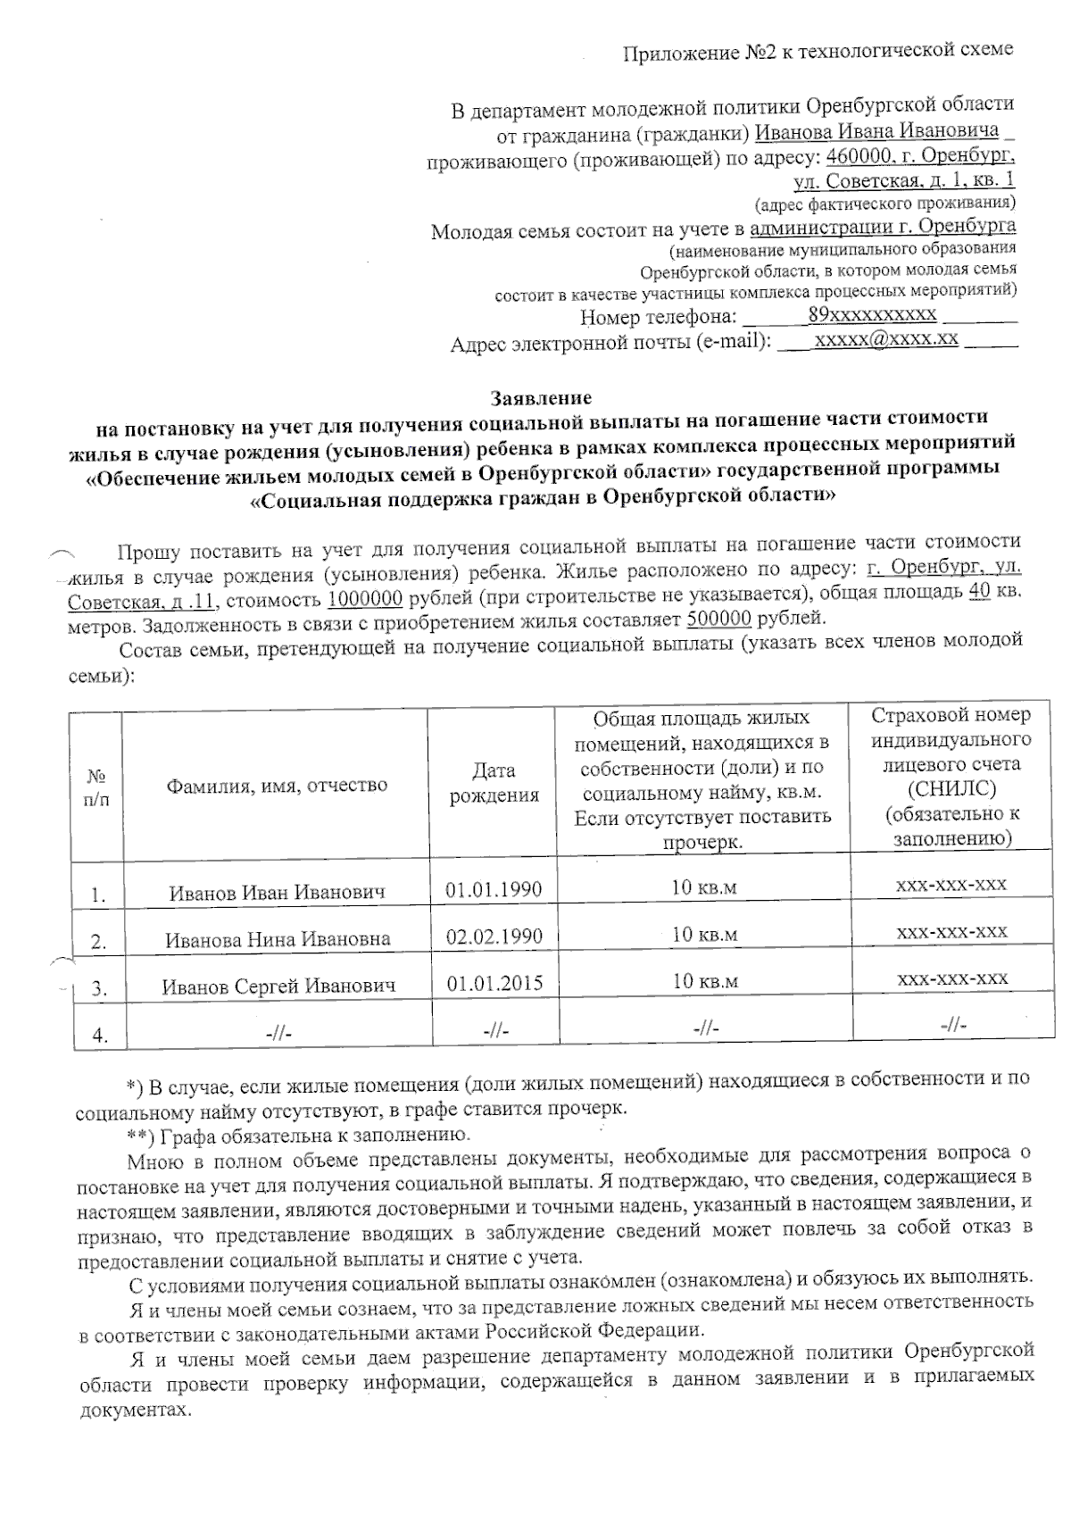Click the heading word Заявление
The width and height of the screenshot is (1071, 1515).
pyautogui.click(x=541, y=396)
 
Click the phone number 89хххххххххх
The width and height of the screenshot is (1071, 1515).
pyautogui.click(x=872, y=314)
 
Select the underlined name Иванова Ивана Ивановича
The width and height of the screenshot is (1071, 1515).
pyautogui.click(x=876, y=131)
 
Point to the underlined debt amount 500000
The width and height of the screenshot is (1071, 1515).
pyautogui.click(x=718, y=620)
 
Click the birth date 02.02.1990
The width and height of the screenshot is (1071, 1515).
pyautogui.click(x=494, y=936)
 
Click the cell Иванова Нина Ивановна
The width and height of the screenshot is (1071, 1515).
pyautogui.click(x=278, y=939)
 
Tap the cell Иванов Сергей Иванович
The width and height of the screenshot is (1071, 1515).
pyautogui.click(x=278, y=986)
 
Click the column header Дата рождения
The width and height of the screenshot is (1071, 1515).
pyautogui.click(x=494, y=783)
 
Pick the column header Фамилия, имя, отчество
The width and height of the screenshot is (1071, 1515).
pyautogui.click(x=276, y=785)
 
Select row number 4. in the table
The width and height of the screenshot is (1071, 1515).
pyautogui.click(x=100, y=1035)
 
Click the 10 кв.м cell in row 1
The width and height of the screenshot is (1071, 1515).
pyautogui.click(x=704, y=888)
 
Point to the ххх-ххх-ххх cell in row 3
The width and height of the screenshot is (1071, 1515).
pyautogui.click(x=951, y=978)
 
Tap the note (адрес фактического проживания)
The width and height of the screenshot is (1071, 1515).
pyautogui.click(x=884, y=203)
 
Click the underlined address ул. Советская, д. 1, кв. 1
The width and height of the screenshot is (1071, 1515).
pyautogui.click(x=903, y=180)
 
